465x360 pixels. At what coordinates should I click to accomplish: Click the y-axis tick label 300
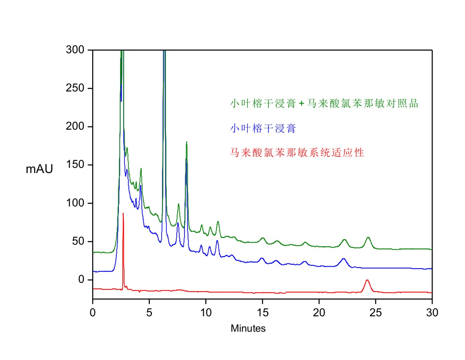coord(75,50)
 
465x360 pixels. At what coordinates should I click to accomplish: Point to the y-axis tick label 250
coord(75,88)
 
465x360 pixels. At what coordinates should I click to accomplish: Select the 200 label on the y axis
coord(75,126)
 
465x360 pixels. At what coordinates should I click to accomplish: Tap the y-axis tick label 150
coord(75,164)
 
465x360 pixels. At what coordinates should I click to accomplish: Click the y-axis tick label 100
coord(75,203)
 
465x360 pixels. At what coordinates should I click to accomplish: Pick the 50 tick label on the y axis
coord(78,241)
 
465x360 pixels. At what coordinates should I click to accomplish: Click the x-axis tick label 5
coord(149,313)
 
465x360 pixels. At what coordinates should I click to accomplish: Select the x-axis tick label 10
coord(206,313)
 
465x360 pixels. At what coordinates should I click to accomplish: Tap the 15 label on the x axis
coord(262,313)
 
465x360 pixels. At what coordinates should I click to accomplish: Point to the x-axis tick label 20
coord(319,313)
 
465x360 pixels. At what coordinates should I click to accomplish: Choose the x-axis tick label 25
coord(375,313)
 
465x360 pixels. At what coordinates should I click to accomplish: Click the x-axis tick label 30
coord(432,313)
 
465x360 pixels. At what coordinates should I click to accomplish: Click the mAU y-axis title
coord(39,169)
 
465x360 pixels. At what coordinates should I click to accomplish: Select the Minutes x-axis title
coord(248,328)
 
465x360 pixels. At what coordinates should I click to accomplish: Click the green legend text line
coord(324,104)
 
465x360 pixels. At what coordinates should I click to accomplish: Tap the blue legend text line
coord(263,128)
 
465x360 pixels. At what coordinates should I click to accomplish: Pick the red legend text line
coord(297,152)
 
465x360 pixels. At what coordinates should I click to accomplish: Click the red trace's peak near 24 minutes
coord(367,280)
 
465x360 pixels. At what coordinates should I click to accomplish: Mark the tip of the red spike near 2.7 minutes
coord(123,213)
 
